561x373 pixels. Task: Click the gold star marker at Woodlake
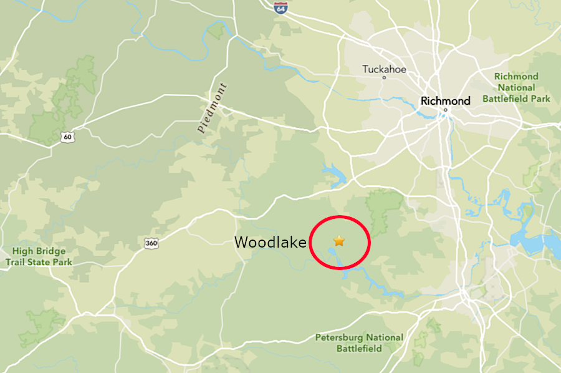click(x=339, y=241)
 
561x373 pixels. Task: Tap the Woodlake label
click(x=271, y=243)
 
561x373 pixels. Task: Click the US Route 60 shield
click(x=67, y=137)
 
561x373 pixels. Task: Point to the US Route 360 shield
click(x=151, y=243)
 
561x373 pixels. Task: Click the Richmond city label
click(x=445, y=100)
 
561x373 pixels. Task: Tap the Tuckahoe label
click(x=384, y=69)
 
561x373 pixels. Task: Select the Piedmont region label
click(x=212, y=108)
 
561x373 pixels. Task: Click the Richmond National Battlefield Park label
click(x=516, y=87)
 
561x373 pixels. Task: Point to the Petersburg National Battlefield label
click(x=359, y=343)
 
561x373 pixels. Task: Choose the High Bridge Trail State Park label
click(x=39, y=256)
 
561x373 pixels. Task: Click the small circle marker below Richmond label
click(x=445, y=110)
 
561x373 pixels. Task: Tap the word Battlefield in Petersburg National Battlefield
click(x=359, y=349)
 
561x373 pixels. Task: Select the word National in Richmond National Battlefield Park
click(x=516, y=87)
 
